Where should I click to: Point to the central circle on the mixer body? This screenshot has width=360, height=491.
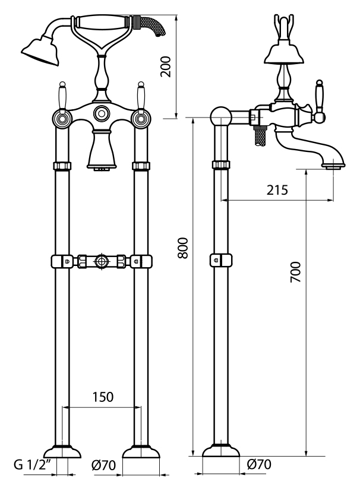coord(101,113)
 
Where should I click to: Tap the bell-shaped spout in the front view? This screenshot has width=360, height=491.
coord(100,151)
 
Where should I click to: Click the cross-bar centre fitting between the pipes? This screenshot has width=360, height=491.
coord(102,261)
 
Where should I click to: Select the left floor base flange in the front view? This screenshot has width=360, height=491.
coord(61,452)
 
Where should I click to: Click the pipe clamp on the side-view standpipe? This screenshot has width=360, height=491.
coord(221,260)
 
